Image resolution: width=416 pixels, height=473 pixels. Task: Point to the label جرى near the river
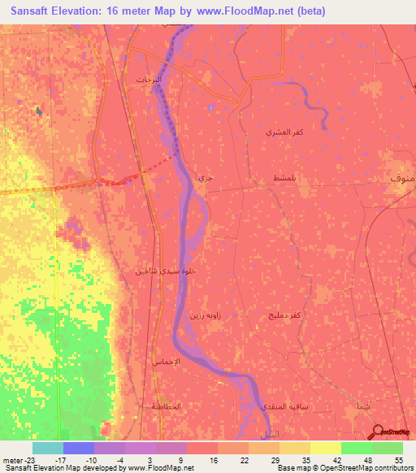(206, 176)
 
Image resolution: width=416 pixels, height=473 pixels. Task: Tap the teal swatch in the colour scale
(47, 447)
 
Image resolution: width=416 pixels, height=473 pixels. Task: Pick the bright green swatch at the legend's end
(387, 447)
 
